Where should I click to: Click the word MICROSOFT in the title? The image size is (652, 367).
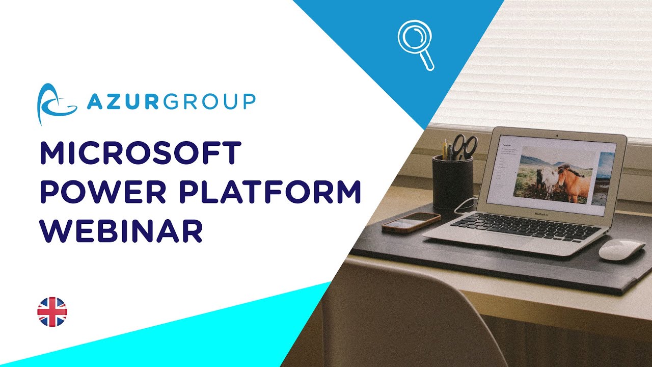pos(140,153)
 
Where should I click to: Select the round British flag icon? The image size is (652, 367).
pos(52,312)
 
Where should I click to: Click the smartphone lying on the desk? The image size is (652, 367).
pos(411,222)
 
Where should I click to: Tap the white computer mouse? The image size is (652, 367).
pos(621,249)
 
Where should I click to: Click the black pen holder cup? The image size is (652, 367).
pos(452,181)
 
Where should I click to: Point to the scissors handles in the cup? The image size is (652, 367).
pos(465,145)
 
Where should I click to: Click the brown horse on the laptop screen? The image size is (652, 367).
pos(573,181)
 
